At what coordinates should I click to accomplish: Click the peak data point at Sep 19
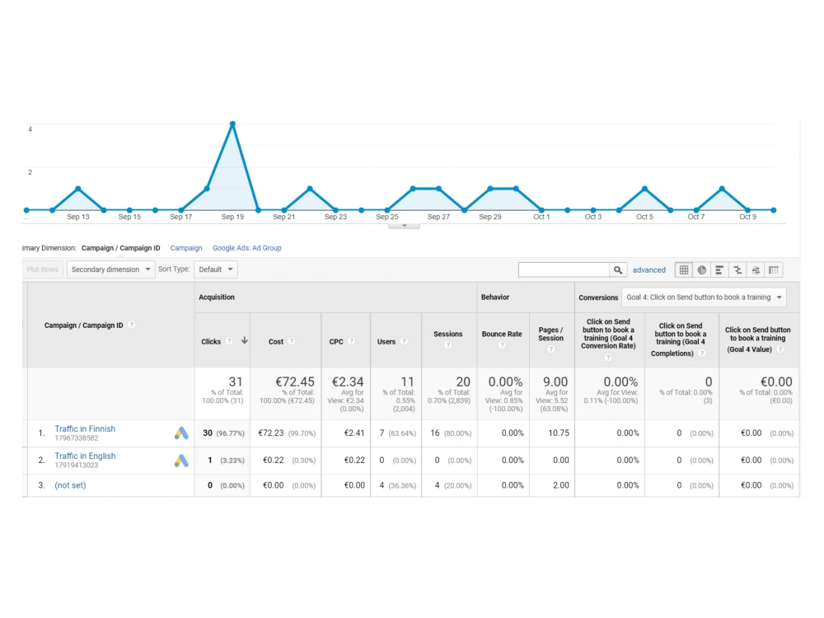[232, 124]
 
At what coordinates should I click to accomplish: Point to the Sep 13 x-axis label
[77, 217]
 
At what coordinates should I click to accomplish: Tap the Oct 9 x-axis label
[747, 217]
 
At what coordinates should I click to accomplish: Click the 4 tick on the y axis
[30, 129]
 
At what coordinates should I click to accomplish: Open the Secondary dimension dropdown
[110, 269]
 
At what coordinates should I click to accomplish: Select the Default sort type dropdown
[215, 269]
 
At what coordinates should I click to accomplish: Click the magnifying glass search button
[618, 269]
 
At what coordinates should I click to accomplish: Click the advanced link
[649, 270]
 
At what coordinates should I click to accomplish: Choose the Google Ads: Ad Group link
[247, 248]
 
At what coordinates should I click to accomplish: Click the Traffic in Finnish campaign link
[85, 428]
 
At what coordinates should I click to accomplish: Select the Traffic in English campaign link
[85, 456]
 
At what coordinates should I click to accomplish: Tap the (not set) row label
[70, 485]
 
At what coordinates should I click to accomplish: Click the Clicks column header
[211, 342]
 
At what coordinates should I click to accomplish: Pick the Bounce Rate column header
[502, 335]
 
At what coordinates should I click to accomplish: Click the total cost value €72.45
[295, 382]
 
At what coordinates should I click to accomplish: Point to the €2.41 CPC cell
[354, 433]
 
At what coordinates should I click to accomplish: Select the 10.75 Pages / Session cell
[559, 433]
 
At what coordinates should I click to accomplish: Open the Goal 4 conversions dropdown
[704, 297]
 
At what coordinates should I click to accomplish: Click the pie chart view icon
[701, 270]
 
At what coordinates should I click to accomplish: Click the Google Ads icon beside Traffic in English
[181, 461]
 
